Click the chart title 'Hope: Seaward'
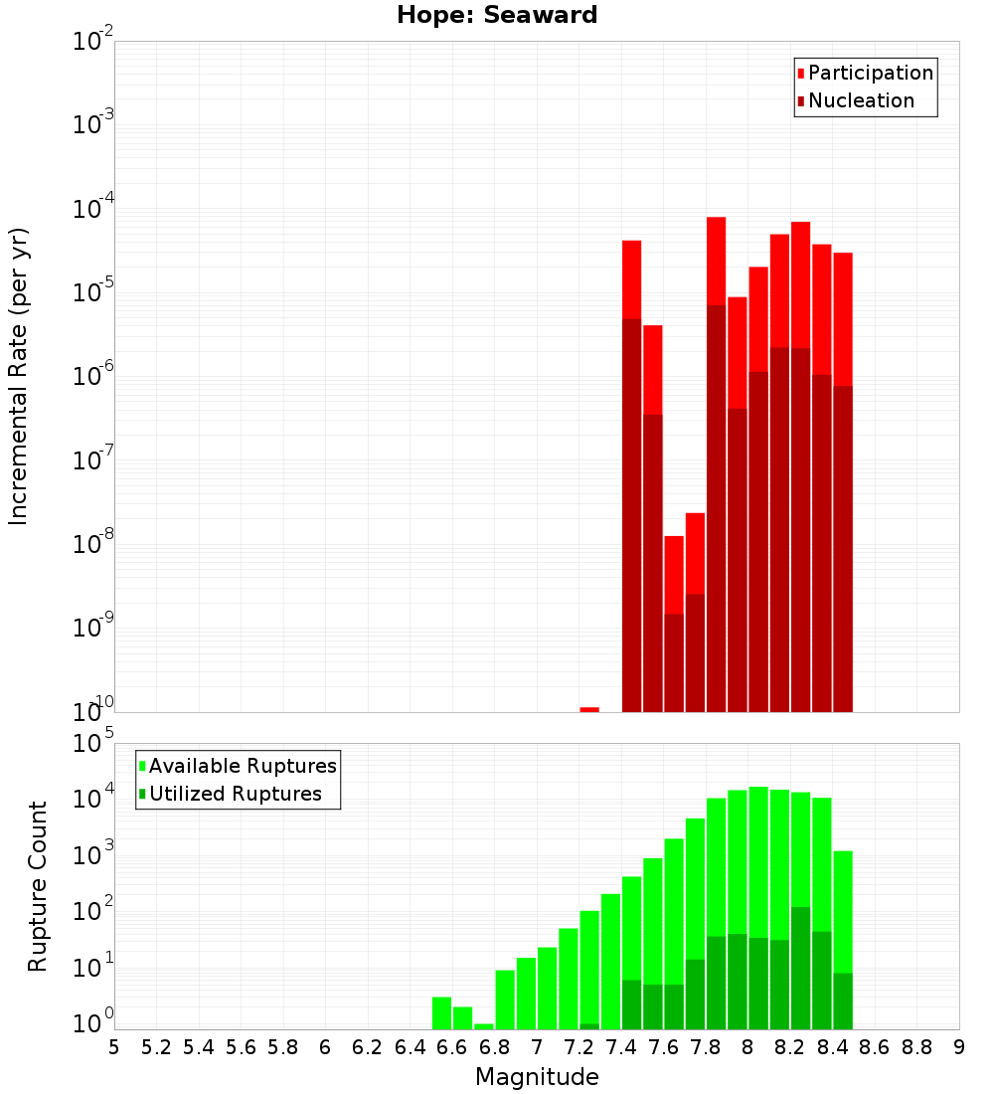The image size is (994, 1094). click(497, 15)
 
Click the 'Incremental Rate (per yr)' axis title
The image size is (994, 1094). click(19, 377)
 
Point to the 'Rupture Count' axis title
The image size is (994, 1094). click(38, 886)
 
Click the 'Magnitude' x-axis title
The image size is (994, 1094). click(537, 1077)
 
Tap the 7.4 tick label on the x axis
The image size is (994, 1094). click(621, 1046)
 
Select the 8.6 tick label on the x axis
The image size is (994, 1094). click(875, 1046)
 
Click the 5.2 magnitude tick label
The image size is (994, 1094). click(157, 1046)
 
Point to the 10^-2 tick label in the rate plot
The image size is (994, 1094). click(93, 42)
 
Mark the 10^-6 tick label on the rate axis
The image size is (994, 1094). click(93, 376)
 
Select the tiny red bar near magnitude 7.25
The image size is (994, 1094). click(589, 709)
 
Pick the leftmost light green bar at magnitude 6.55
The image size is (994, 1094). click(441, 1012)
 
